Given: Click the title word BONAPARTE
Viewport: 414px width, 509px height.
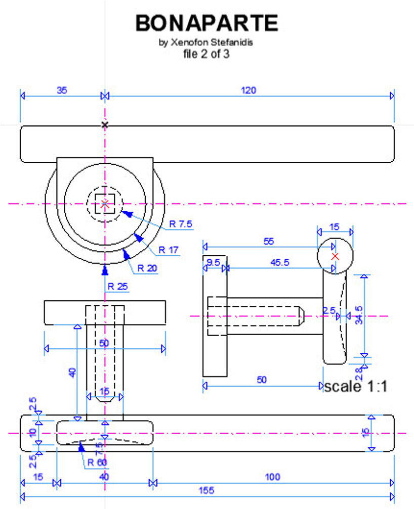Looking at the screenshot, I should pos(207,23).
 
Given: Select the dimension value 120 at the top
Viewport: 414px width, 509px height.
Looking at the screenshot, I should pos(249,90).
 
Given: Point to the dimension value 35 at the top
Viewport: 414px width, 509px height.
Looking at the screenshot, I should pos(62,90).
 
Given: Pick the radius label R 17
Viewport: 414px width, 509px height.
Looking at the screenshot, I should pos(169,249).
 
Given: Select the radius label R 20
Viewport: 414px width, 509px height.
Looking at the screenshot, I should pos(158,268).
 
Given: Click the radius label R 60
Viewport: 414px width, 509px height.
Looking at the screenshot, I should pos(98,461).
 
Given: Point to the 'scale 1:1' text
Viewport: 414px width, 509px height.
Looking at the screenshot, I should pos(355,387).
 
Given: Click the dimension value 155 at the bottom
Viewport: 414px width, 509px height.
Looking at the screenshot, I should pos(206,490).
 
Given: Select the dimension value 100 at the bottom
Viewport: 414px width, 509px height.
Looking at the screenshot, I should pos(272,477).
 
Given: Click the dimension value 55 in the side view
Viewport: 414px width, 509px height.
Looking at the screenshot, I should pos(269,242).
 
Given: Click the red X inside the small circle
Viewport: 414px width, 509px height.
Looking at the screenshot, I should pos(335,257).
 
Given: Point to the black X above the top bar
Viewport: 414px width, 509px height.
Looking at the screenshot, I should pos(105,124).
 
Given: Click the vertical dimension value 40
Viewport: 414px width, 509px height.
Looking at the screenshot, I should pos(72,373).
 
